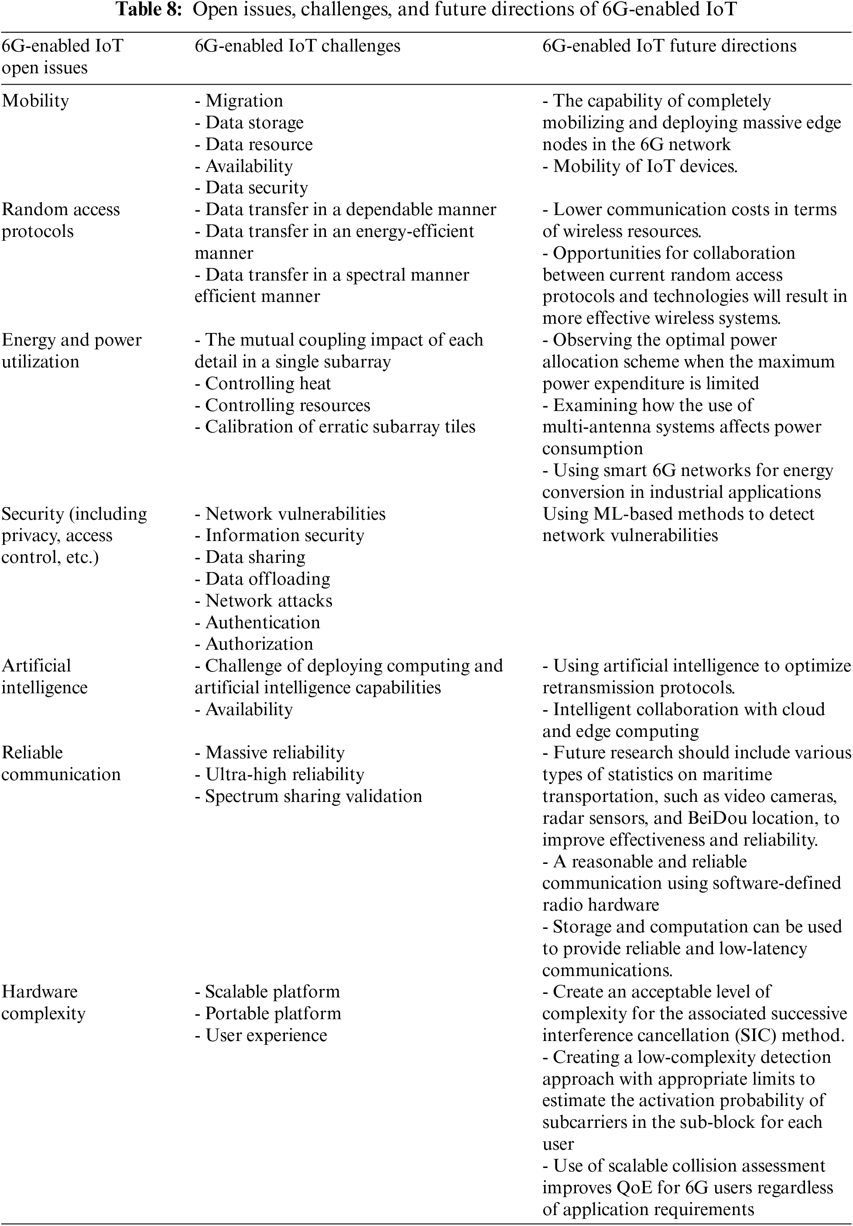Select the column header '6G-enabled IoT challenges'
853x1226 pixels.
pyautogui.click(x=297, y=46)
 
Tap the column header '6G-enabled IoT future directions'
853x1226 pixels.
pyautogui.click(x=669, y=46)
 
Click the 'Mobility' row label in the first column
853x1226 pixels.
pyautogui.click(x=35, y=101)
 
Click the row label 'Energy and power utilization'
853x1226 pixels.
pyautogui.click(x=71, y=351)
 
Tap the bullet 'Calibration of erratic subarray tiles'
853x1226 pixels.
pyautogui.click(x=335, y=427)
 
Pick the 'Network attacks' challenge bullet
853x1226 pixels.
pyautogui.click(x=264, y=601)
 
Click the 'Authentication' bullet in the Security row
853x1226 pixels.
pyautogui.click(x=257, y=623)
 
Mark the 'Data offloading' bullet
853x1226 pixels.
pyautogui.click(x=262, y=579)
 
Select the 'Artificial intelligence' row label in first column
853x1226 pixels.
pyautogui.click(x=45, y=677)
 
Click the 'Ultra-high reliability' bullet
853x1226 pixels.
pyautogui.click(x=279, y=774)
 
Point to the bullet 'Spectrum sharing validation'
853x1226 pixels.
pyautogui.click(x=308, y=796)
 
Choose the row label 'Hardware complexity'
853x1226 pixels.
pyautogui.click(x=43, y=1002)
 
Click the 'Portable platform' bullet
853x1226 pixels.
pyautogui.click(x=267, y=1014)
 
